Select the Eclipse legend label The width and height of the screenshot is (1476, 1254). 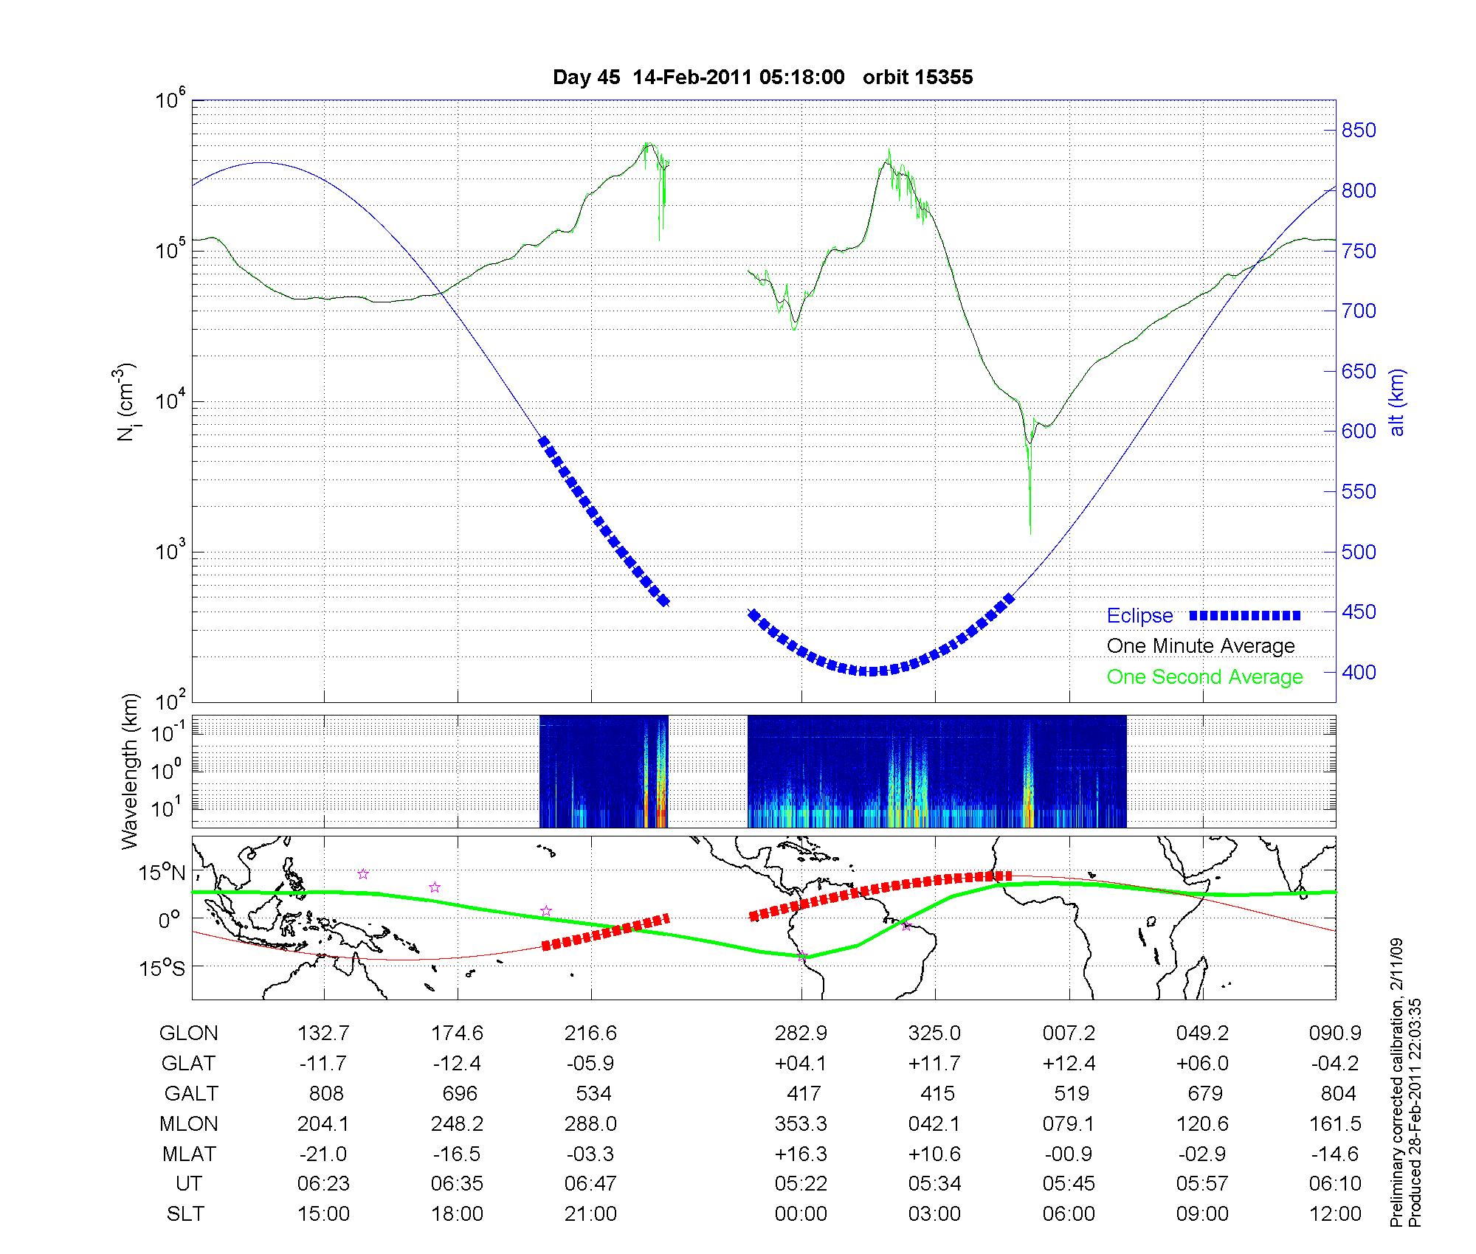pos(1139,616)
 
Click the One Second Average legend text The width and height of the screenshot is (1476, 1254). pos(1204,677)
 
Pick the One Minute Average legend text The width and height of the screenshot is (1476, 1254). pos(1201,646)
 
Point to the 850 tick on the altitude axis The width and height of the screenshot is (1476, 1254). pos(1359,131)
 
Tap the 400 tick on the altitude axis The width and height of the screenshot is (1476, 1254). pos(1359,672)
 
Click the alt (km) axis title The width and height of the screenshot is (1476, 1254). pos(1397,402)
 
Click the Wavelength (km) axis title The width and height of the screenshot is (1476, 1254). pos(130,772)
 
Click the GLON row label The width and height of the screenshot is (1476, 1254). pos(188,1033)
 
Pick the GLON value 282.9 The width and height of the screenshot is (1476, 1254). pos(801,1033)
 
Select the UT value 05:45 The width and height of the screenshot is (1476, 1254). pos(1069,1184)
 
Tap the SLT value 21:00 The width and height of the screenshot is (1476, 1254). pos(590,1214)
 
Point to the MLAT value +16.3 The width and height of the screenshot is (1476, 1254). pos(801,1154)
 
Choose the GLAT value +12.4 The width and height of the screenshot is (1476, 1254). pos(1069,1064)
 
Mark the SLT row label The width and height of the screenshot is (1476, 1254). pos(185,1214)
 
